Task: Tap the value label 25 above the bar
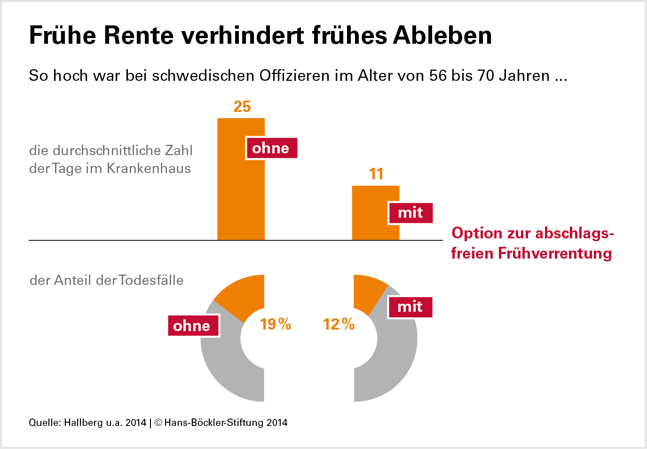[242, 107]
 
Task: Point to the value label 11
[376, 174]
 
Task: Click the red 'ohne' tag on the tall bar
[271, 148]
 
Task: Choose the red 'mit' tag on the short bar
[410, 213]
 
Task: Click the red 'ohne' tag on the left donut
[193, 326]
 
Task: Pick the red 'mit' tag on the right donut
[410, 307]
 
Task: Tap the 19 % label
[276, 324]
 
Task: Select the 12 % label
[339, 324]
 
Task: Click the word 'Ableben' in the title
[442, 35]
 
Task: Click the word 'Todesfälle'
[151, 280]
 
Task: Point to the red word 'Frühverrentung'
[555, 253]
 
